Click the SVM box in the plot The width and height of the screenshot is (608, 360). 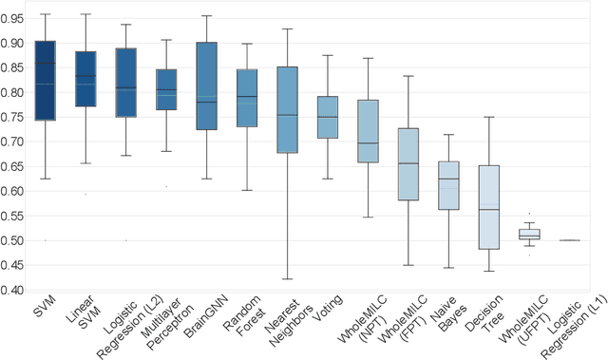pos(45,81)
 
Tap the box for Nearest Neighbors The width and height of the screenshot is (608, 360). pos(287,109)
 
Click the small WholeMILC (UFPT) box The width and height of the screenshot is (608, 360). pos(528,233)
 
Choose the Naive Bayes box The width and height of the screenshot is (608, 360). pos(447,185)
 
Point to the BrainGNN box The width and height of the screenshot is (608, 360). pos(206,85)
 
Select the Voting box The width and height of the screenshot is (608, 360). pos(327,117)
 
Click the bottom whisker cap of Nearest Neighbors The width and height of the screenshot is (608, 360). pos(287,279)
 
